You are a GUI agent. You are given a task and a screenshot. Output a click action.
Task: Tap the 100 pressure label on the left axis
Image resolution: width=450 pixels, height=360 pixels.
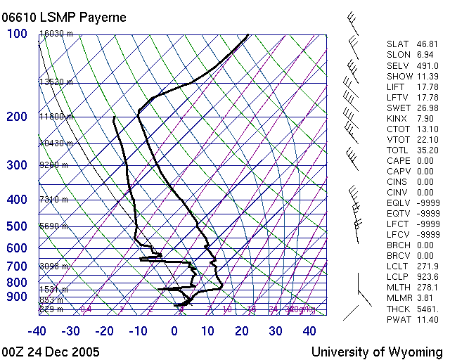point(17,34)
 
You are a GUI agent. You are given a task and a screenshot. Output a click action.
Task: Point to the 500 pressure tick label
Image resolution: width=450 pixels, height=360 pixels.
point(17,226)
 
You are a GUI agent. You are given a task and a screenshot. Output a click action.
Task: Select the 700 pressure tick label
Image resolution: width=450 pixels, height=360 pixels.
point(17,266)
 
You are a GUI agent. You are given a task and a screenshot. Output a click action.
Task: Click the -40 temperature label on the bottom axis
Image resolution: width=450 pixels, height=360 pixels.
point(37,331)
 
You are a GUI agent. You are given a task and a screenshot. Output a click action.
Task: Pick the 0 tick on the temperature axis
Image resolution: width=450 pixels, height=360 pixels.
point(174,331)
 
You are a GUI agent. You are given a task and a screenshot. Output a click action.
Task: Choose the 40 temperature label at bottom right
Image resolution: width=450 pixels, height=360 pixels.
point(309,331)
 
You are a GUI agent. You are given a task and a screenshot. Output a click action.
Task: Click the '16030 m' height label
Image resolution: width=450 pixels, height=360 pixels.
point(56,34)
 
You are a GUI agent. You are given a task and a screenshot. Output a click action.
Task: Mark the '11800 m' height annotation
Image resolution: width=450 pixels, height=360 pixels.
point(56,117)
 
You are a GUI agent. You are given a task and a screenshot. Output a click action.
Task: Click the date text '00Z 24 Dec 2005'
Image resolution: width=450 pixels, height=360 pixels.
point(51,352)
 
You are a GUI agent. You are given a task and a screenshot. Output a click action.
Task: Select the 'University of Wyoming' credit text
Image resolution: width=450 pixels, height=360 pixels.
point(377,352)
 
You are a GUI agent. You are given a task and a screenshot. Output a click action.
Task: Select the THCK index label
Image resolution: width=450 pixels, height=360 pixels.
point(397,309)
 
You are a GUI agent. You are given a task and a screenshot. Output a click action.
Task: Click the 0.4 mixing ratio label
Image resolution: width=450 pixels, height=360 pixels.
point(86,309)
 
